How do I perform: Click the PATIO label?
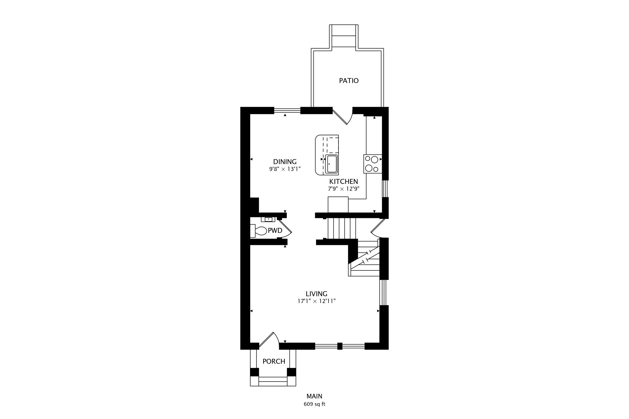click(349, 81)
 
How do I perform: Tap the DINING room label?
click(285, 162)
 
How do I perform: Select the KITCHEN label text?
click(343, 181)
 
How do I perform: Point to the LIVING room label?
click(316, 294)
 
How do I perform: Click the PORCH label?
click(274, 362)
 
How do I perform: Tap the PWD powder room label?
click(275, 231)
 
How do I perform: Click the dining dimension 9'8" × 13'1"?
click(285, 169)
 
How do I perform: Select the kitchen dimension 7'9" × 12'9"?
click(343, 189)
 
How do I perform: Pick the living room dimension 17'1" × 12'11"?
click(316, 301)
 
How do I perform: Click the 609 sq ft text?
click(314, 404)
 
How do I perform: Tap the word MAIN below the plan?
click(314, 396)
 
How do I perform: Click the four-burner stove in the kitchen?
click(372, 164)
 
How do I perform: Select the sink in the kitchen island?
click(332, 164)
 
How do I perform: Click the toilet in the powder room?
click(260, 231)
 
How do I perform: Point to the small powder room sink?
click(268, 219)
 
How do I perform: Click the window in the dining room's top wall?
click(287, 111)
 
